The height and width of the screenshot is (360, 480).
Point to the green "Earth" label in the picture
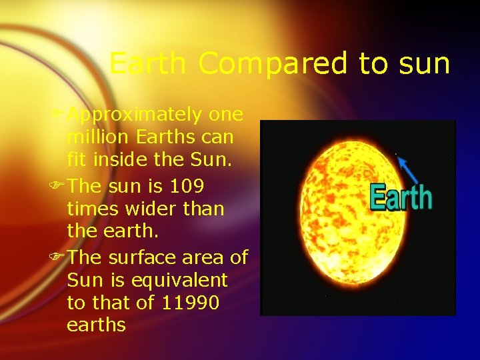point(401,198)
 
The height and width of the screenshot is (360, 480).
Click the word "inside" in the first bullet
point(122,160)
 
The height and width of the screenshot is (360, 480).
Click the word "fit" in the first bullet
point(76,160)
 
